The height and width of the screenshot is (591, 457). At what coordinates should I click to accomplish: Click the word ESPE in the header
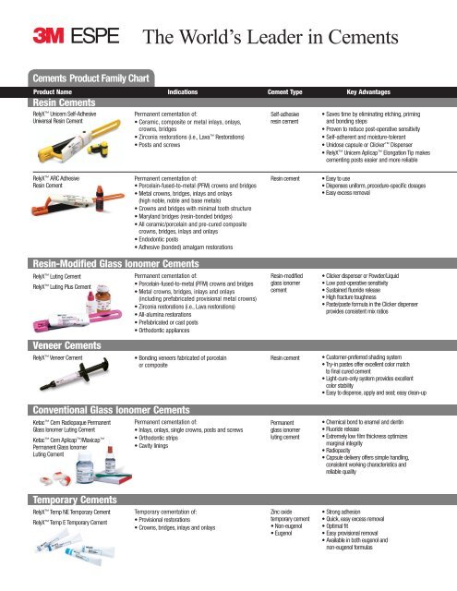click(x=102, y=40)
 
